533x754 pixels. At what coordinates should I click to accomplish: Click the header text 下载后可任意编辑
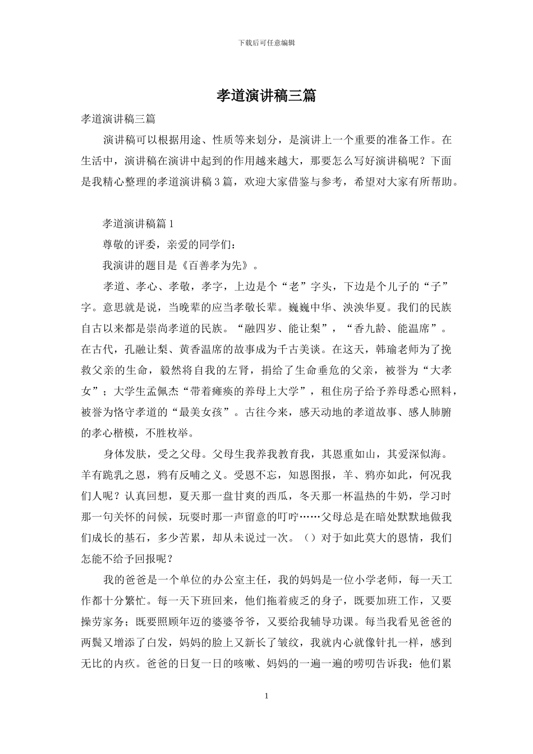pos(266,43)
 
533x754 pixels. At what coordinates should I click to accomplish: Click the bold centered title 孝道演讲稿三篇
pos(266,96)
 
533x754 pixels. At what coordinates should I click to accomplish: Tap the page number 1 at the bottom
pos(266,696)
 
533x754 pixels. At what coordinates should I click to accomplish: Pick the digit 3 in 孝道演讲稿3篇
pos(218,182)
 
